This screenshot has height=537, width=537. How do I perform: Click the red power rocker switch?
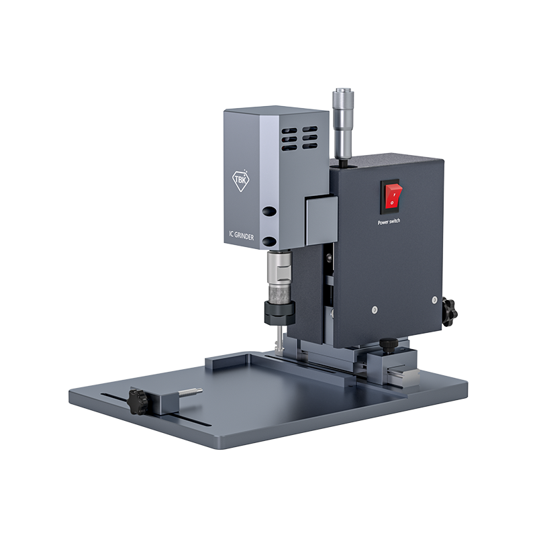point(392,197)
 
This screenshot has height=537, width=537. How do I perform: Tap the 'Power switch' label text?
point(389,222)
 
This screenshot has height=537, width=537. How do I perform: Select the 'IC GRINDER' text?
point(242,236)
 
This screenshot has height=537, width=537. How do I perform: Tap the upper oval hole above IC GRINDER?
point(269,211)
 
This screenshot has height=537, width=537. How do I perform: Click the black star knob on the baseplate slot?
point(138,401)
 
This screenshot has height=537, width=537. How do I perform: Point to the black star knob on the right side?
point(449,311)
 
